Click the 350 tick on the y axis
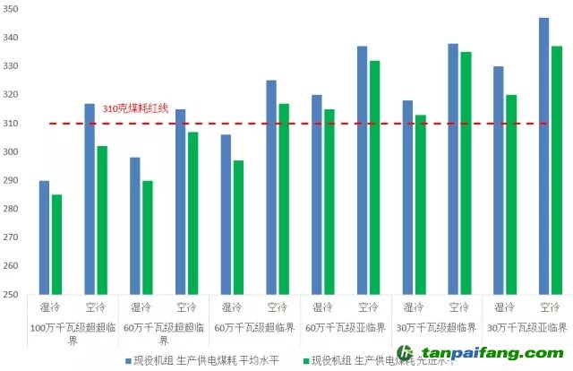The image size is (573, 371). pyautogui.click(x=13, y=9)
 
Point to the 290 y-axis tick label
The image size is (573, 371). pyautogui.click(x=13, y=180)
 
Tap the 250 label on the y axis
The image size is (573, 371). pyautogui.click(x=13, y=295)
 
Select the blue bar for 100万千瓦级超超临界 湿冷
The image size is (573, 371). pyautogui.click(x=45, y=237)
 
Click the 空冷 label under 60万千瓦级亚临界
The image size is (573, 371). pyautogui.click(x=368, y=306)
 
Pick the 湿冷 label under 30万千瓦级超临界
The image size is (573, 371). pyautogui.click(x=414, y=306)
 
